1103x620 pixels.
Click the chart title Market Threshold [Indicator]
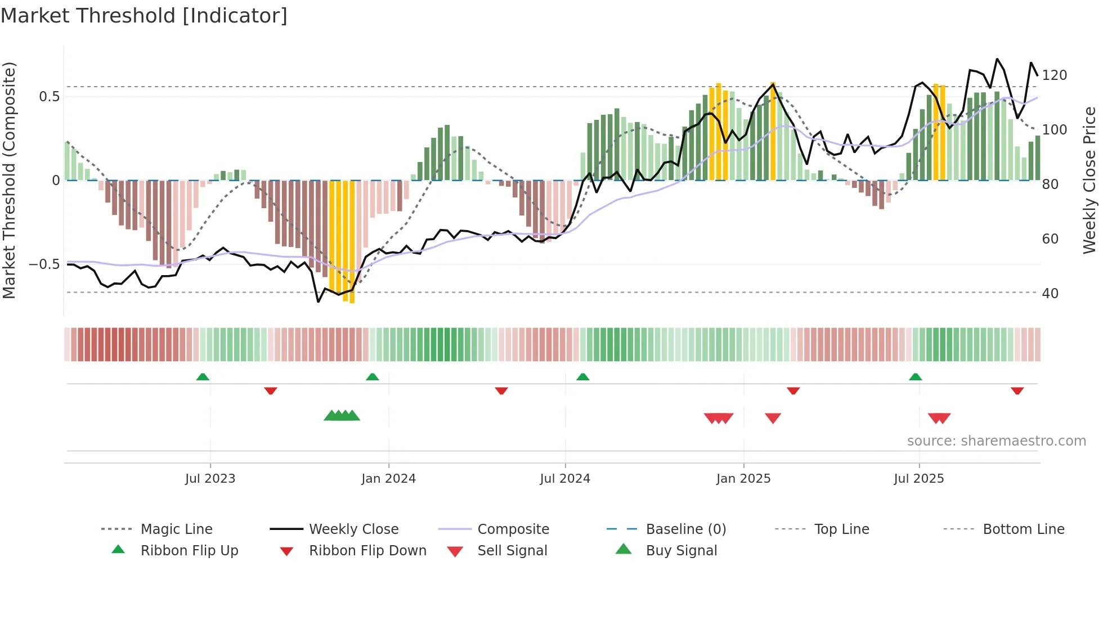[x=144, y=16]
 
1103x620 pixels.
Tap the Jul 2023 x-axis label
[x=210, y=479]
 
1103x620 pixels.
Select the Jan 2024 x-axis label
[x=388, y=479]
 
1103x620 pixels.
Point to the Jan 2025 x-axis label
[x=743, y=479]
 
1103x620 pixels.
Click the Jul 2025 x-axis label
[x=918, y=479]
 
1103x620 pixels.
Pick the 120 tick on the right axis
[x=1054, y=75]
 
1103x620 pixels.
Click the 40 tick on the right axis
[x=1050, y=294]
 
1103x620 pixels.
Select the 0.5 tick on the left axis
[x=49, y=97]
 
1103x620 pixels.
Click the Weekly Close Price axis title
[x=1089, y=180]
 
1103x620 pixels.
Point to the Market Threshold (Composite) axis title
[x=9, y=180]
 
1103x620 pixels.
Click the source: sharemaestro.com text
[x=996, y=441]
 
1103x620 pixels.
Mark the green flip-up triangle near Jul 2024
[x=582, y=377]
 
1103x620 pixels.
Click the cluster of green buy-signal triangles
[x=342, y=416]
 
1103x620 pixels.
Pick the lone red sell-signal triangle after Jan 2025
[x=773, y=418]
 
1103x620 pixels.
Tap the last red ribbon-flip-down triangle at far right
[x=1017, y=390]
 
